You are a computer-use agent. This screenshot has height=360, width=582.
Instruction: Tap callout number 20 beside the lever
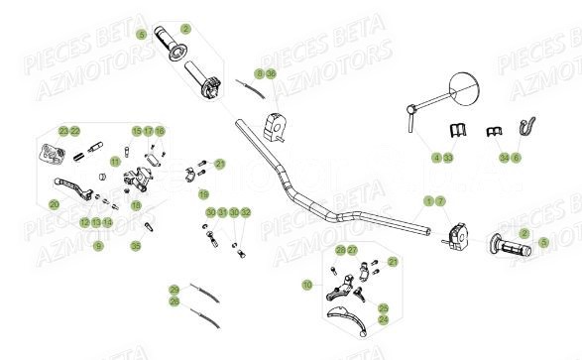click(54, 204)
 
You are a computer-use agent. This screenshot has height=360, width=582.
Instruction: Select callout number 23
click(62, 131)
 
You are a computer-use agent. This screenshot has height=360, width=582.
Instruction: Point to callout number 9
click(98, 245)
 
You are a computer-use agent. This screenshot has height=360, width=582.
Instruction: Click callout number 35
click(136, 245)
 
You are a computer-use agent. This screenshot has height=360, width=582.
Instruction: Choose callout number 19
click(203, 193)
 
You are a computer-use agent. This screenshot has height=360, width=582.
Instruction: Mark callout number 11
click(115, 162)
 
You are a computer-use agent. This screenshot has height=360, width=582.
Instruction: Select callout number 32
click(246, 212)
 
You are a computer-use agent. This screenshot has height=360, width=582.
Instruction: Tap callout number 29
click(174, 289)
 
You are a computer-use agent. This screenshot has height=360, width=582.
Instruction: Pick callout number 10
click(307, 285)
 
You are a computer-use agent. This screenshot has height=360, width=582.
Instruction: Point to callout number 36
click(272, 73)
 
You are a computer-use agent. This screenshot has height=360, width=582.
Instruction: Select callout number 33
click(448, 157)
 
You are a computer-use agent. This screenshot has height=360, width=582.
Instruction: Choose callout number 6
click(516, 157)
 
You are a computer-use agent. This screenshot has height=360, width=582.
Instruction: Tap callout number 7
click(441, 200)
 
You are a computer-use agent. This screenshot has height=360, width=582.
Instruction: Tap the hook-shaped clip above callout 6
click(527, 128)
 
